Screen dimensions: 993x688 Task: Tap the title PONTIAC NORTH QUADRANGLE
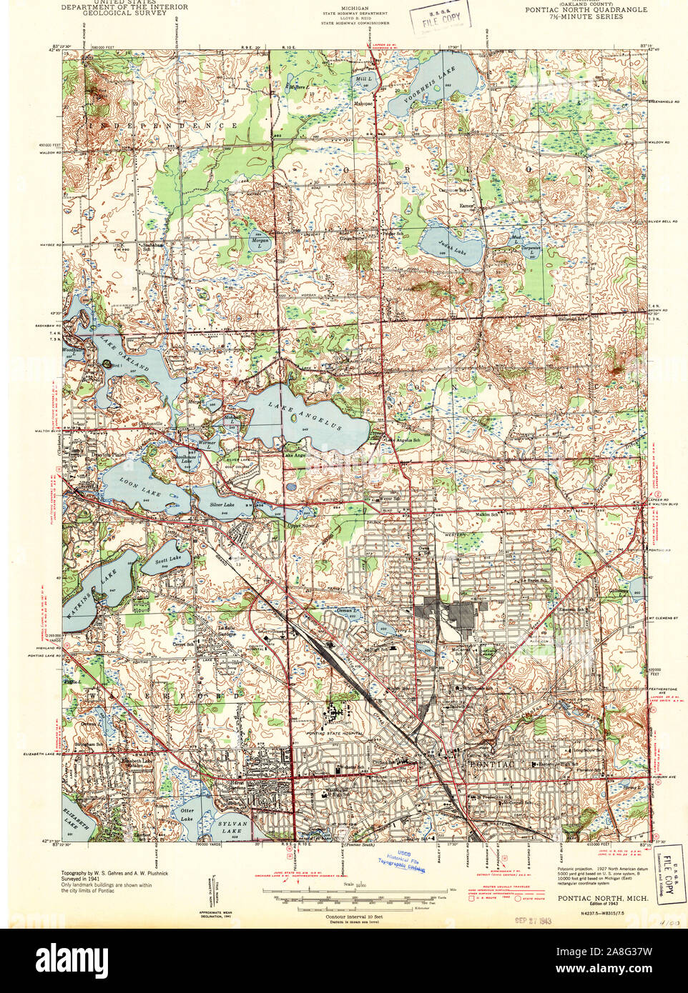tap(586, 9)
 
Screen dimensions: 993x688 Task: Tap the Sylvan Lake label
tap(230, 827)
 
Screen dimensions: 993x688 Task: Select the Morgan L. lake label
tap(258, 241)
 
